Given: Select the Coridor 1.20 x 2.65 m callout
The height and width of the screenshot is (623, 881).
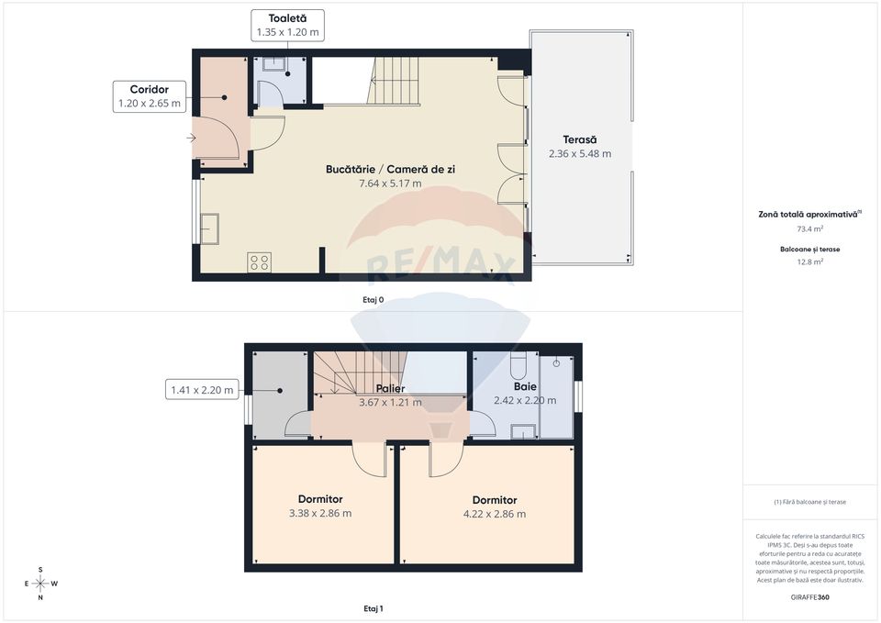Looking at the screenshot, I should click(150, 96).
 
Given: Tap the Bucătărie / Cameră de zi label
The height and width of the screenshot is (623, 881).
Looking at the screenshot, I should click(390, 170).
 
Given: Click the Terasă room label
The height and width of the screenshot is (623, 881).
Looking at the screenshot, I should click(579, 139).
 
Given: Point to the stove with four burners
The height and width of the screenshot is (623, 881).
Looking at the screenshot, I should click(259, 262).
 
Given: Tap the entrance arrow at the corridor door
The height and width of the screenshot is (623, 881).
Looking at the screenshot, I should click(191, 139).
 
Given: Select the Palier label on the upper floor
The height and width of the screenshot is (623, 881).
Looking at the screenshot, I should click(390, 388).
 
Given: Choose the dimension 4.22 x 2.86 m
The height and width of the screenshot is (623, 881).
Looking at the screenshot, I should click(495, 514).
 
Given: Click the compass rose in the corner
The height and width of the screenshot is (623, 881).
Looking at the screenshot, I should click(40, 583).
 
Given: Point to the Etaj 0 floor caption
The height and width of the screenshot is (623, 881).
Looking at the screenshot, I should click(374, 300).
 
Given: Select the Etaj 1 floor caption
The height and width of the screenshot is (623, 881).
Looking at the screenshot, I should click(374, 608).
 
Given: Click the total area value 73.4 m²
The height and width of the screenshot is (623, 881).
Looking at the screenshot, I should click(809, 229).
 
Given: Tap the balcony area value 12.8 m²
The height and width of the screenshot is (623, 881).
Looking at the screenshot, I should click(809, 261).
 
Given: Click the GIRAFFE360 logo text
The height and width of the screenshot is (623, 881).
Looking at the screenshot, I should click(809, 597).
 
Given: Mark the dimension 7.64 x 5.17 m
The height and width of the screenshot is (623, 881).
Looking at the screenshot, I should click(390, 184).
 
